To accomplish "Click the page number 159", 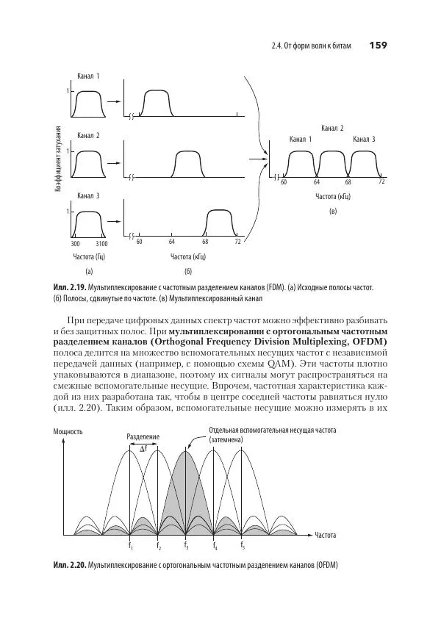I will tap(377, 46).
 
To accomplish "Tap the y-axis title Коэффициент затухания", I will tap(57, 160).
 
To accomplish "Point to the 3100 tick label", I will tap(101, 242).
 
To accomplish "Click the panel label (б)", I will tap(187, 272).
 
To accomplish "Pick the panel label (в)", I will tap(332, 212).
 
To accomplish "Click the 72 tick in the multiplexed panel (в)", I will tap(381, 181).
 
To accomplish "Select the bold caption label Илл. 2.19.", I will tap(69, 287).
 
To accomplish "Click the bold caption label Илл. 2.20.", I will tap(69, 565).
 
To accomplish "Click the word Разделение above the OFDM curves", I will tap(143, 436).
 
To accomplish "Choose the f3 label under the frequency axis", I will tap(186, 545).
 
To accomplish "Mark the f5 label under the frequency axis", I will tap(242, 545).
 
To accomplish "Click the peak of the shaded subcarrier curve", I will tap(185, 450).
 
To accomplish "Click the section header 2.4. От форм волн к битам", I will tap(312, 46).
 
